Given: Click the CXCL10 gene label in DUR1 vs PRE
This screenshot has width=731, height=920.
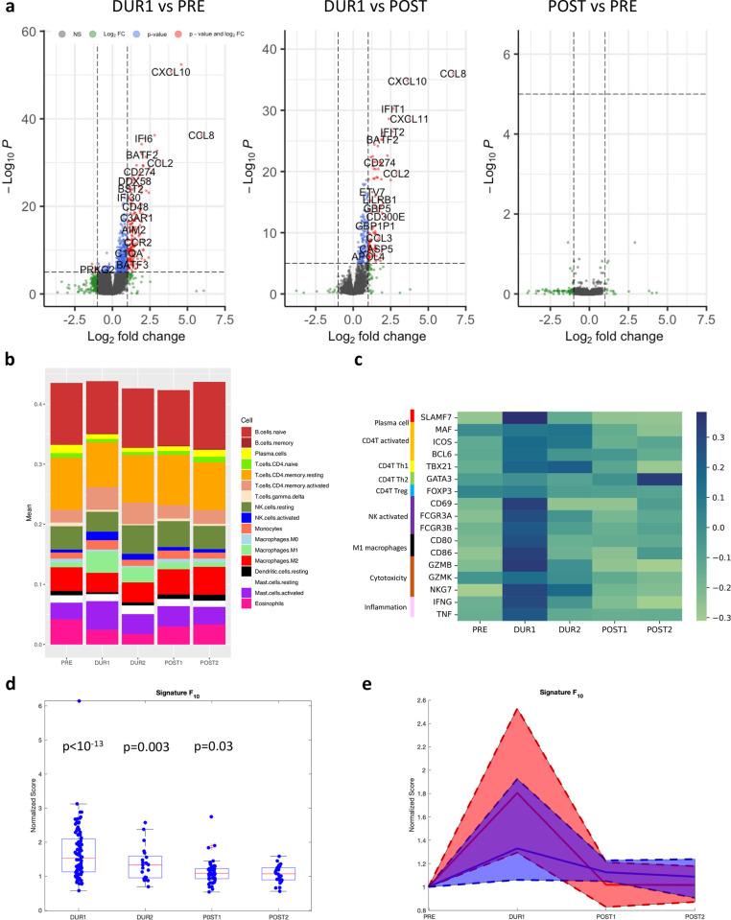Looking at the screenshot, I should coord(171,71).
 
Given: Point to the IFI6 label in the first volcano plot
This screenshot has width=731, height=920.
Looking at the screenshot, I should coord(144,139).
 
